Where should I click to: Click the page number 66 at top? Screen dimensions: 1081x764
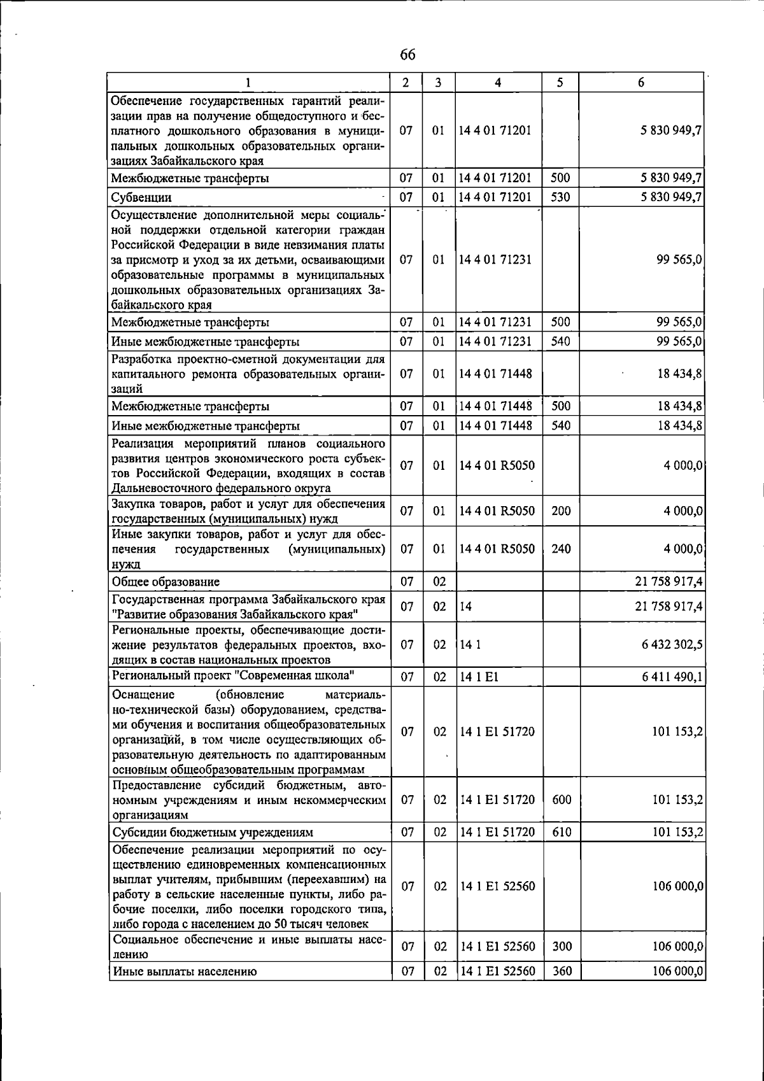point(407,55)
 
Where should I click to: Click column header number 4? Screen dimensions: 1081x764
point(498,82)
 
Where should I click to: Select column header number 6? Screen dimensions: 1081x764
point(641,82)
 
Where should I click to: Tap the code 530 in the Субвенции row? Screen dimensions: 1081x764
point(560,197)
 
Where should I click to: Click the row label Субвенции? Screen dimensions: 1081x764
point(141,197)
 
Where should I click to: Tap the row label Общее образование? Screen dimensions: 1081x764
point(166,581)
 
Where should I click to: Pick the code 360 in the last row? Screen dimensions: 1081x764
point(562,971)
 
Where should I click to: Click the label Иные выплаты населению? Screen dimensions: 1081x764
point(185,971)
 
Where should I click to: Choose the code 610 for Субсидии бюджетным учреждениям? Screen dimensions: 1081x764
point(562,832)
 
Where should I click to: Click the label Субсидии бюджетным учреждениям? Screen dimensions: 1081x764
point(213,832)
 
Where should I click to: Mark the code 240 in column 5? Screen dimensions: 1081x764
point(561,549)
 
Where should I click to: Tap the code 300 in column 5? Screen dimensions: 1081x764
point(562,947)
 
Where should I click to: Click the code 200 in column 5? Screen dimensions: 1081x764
point(561,511)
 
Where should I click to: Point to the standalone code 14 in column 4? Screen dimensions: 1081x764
point(466,607)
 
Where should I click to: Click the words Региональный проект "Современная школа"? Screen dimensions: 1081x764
point(233,675)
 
